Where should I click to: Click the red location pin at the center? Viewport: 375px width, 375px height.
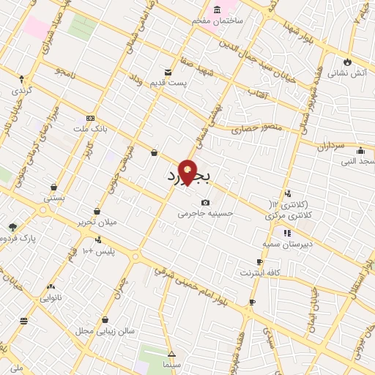pyautogui.click(x=188, y=172)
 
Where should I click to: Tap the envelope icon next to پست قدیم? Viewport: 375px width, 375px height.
pyautogui.click(x=168, y=73)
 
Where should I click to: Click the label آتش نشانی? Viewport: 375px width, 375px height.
pyautogui.click(x=342, y=73)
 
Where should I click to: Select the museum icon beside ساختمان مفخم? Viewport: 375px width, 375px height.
pyautogui.click(x=217, y=10)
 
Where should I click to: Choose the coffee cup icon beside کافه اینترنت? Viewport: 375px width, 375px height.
pyautogui.click(x=259, y=261)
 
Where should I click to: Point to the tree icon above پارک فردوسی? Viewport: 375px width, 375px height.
pyautogui.click(x=12, y=227)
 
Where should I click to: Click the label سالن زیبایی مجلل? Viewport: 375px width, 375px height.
pyautogui.click(x=104, y=331)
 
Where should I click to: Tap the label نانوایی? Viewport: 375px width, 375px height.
pyautogui.click(x=51, y=297)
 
